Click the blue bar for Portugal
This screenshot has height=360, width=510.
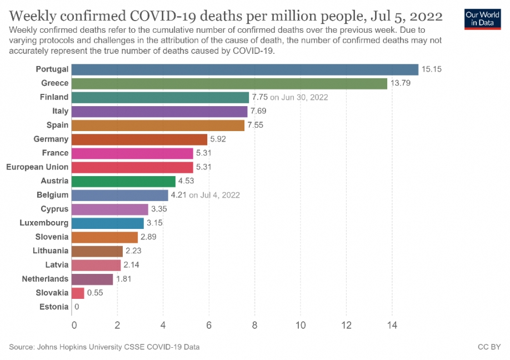(x=244, y=69)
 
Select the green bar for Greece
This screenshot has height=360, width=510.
(x=229, y=83)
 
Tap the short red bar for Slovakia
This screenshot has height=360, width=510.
(x=78, y=293)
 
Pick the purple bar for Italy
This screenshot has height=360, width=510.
(x=159, y=111)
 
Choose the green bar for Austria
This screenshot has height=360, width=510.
(x=123, y=181)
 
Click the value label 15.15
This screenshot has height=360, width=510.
(x=431, y=69)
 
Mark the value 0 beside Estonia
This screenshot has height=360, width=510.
(x=77, y=307)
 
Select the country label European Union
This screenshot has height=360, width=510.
(x=37, y=167)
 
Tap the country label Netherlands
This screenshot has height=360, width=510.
(x=45, y=279)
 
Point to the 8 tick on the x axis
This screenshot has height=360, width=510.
(x=255, y=325)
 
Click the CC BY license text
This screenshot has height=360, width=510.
(x=489, y=347)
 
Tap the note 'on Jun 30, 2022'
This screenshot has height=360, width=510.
(x=299, y=97)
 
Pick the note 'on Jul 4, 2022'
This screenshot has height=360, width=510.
(x=214, y=195)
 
